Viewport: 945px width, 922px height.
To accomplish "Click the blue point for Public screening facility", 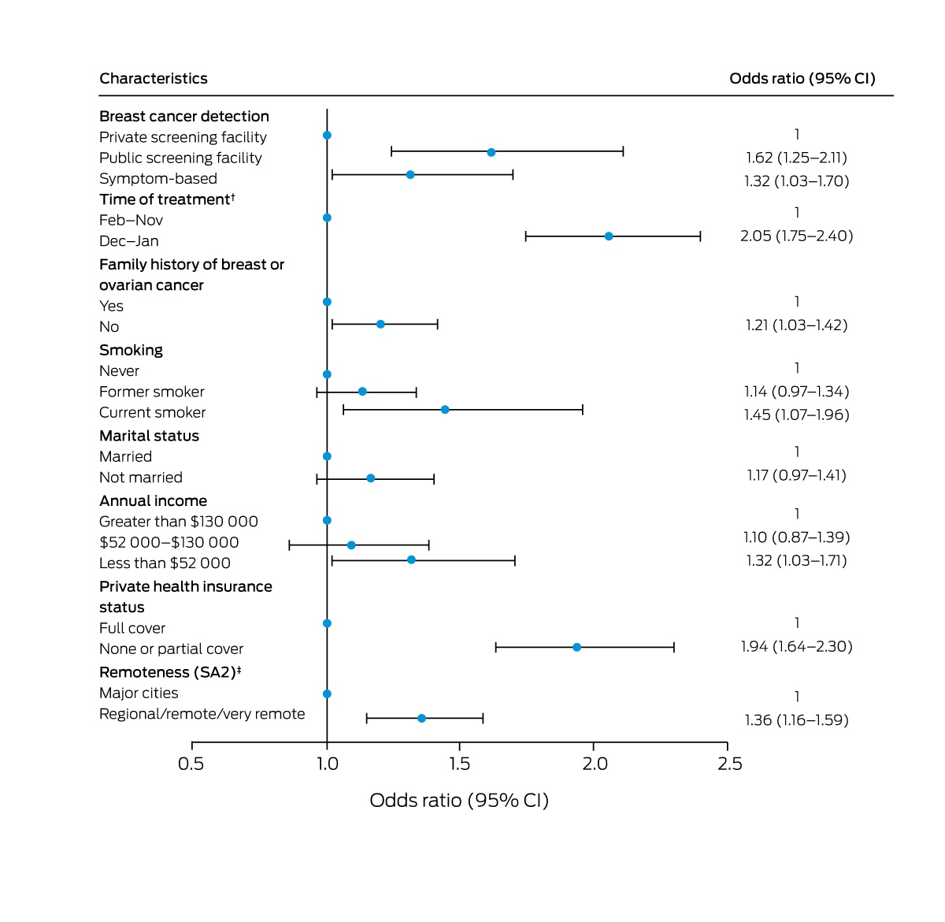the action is point(491,153).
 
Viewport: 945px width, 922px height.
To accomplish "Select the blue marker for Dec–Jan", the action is point(609,236).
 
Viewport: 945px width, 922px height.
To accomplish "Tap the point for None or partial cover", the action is point(576,648).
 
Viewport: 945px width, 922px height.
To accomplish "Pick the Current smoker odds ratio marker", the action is point(445,410).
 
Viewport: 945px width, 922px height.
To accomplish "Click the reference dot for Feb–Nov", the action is point(327,217).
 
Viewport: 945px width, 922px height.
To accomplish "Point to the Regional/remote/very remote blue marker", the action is point(421,719).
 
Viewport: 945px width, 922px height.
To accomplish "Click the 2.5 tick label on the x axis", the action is point(729,764).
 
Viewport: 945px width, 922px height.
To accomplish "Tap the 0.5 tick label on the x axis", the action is point(191,764).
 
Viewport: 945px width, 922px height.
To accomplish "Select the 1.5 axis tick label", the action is point(459,764).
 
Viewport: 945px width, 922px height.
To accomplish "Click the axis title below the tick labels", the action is point(459,801).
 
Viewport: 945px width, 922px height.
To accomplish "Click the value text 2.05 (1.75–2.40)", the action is point(796,236).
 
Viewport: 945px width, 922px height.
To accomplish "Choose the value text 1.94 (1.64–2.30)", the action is point(796,646).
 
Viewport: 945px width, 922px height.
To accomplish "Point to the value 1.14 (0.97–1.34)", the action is point(796,391).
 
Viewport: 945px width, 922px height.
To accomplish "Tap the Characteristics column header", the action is point(154,78).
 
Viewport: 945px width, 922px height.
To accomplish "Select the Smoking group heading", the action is point(131,351).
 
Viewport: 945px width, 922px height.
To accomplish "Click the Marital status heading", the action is point(149,436).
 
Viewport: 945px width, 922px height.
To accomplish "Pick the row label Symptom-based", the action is point(158,178).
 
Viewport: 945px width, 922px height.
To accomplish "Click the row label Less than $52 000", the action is point(165,563).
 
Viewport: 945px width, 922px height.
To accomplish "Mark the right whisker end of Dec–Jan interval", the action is point(700,236).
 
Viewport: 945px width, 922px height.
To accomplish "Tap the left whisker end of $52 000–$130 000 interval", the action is point(290,545).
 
